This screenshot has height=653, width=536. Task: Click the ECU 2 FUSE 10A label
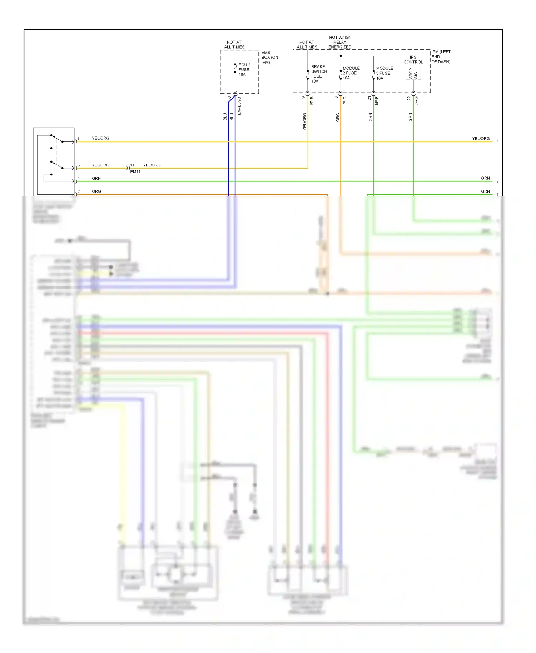(244, 70)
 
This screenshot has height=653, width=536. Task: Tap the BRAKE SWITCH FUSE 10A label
(318, 74)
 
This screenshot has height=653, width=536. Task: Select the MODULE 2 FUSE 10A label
(351, 73)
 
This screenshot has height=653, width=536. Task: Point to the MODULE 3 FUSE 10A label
(384, 73)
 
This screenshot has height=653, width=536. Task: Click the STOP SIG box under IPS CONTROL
(413, 73)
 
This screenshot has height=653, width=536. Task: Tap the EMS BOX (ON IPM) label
(269, 57)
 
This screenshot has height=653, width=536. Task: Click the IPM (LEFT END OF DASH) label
(441, 57)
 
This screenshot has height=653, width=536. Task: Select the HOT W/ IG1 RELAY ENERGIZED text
(339, 42)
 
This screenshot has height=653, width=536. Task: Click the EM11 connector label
(135, 172)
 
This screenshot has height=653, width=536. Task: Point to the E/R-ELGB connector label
(239, 106)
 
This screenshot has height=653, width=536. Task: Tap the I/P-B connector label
(312, 101)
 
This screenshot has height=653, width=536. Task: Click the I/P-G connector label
(416, 101)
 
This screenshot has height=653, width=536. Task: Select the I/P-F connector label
(376, 101)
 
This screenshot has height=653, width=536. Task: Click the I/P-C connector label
(345, 101)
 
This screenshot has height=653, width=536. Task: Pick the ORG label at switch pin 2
(96, 191)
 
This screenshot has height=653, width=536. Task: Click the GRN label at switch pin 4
(96, 178)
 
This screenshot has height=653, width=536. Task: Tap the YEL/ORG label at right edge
(481, 139)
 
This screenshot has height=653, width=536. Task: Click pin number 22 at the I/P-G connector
(409, 98)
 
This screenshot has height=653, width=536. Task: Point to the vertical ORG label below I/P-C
(338, 117)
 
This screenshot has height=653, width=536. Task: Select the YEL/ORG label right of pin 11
(152, 165)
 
